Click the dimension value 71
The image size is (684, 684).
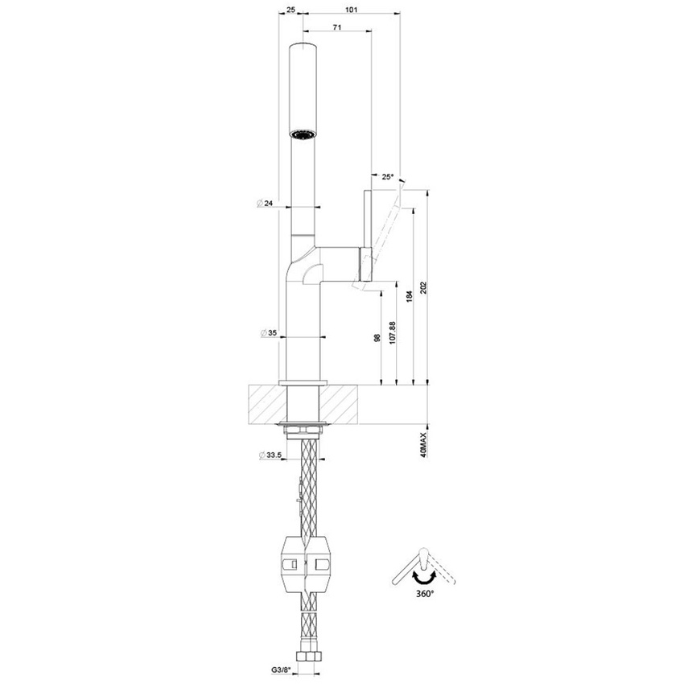(336, 27)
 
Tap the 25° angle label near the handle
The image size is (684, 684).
(388, 176)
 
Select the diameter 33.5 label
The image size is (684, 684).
(270, 456)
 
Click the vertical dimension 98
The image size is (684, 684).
(377, 339)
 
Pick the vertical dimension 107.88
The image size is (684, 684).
(393, 334)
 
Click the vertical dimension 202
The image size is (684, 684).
(424, 287)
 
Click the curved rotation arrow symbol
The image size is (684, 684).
(423, 576)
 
